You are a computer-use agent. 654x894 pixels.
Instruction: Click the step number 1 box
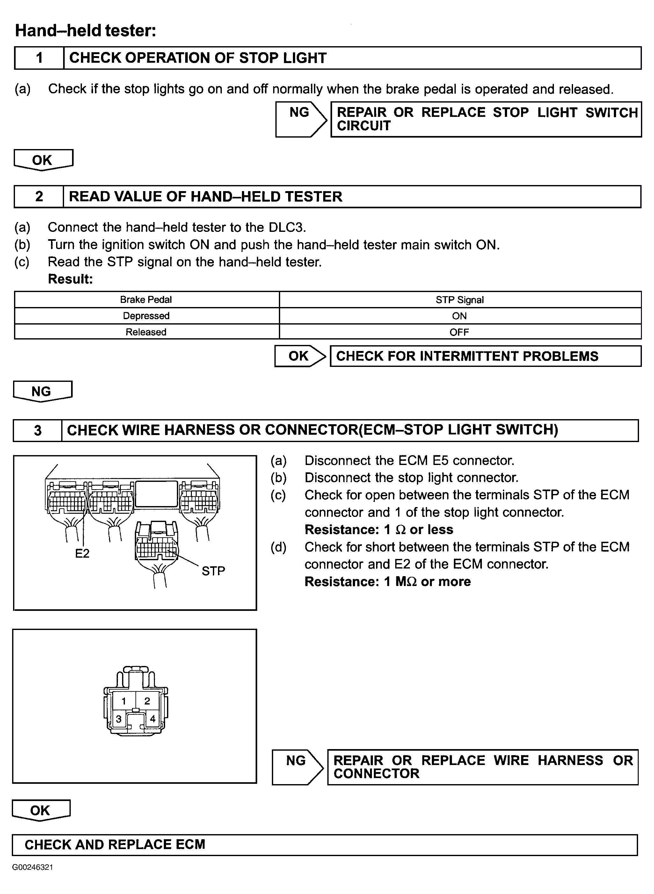pos(39,58)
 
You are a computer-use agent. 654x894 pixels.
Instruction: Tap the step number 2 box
pos(39,197)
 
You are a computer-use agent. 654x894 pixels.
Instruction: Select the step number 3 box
pos(38,430)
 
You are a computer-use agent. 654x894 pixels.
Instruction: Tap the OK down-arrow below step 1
pos(43,160)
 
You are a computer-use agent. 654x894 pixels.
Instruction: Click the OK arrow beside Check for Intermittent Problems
pos(300,356)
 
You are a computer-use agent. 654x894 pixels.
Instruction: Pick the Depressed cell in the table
pos(146,316)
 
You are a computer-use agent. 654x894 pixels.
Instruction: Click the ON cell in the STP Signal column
pos(459,316)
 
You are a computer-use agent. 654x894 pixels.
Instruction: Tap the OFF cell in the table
pos(459,332)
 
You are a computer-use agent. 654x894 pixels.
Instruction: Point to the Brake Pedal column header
pos(146,299)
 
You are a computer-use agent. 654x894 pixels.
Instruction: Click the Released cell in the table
pos(146,332)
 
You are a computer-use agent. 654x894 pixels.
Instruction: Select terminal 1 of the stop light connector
pos(124,701)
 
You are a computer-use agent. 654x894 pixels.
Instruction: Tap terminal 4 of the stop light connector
pos(153,719)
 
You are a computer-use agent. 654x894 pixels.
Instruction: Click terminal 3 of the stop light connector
pos(118,719)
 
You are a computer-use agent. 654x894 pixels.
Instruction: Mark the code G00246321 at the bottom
pos(33,868)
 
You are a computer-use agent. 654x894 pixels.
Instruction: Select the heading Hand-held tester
pos(85,31)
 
